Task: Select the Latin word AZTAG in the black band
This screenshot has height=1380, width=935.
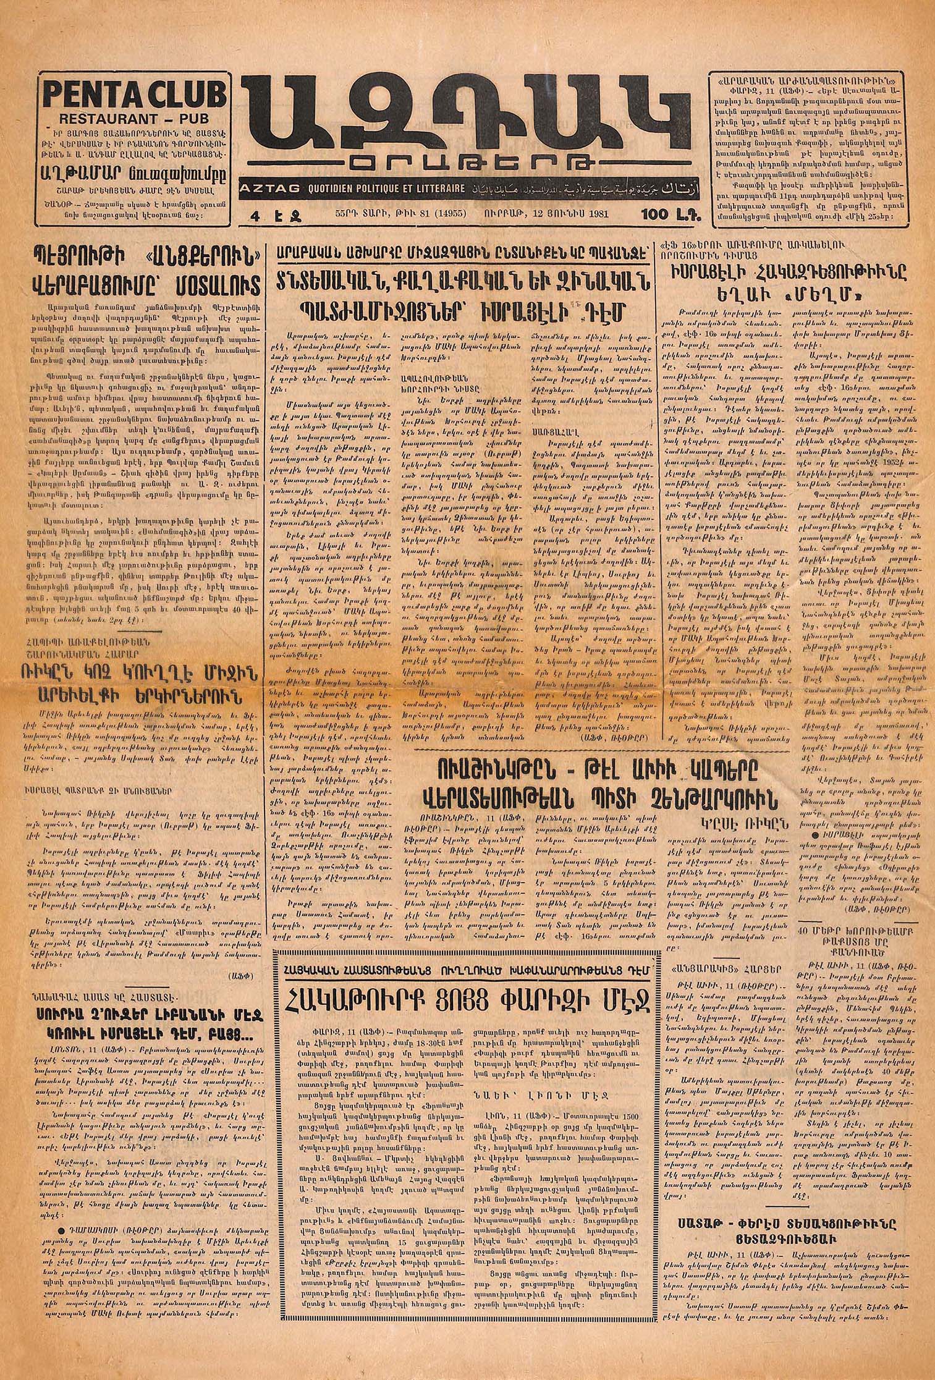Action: [x=264, y=187]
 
